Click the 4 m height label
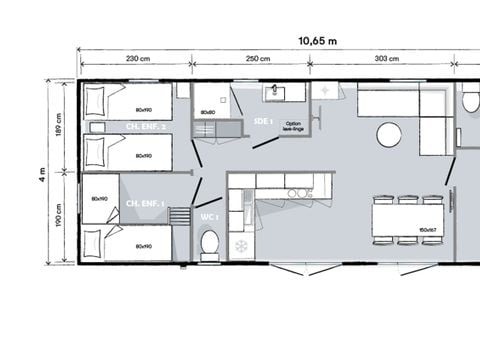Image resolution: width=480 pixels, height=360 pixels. click(x=41, y=172)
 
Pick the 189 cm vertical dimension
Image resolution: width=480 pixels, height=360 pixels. click(x=59, y=127)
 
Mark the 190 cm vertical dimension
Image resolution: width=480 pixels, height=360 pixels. click(x=59, y=216)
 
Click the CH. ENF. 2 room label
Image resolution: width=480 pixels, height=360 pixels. click(x=146, y=127)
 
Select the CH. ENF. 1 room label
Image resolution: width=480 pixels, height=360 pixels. click(x=145, y=203)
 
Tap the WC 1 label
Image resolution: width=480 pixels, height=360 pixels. click(x=209, y=216)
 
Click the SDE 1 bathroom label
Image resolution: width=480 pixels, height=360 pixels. click(x=265, y=120)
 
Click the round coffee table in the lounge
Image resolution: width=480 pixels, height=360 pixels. click(x=389, y=134)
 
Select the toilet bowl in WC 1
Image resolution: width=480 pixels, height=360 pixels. click(x=209, y=243)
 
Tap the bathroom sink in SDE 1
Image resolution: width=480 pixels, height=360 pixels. click(x=277, y=94)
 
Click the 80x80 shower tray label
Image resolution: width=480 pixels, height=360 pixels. click(x=207, y=111)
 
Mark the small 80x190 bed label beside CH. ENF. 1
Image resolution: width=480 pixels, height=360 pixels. click(x=99, y=199)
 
